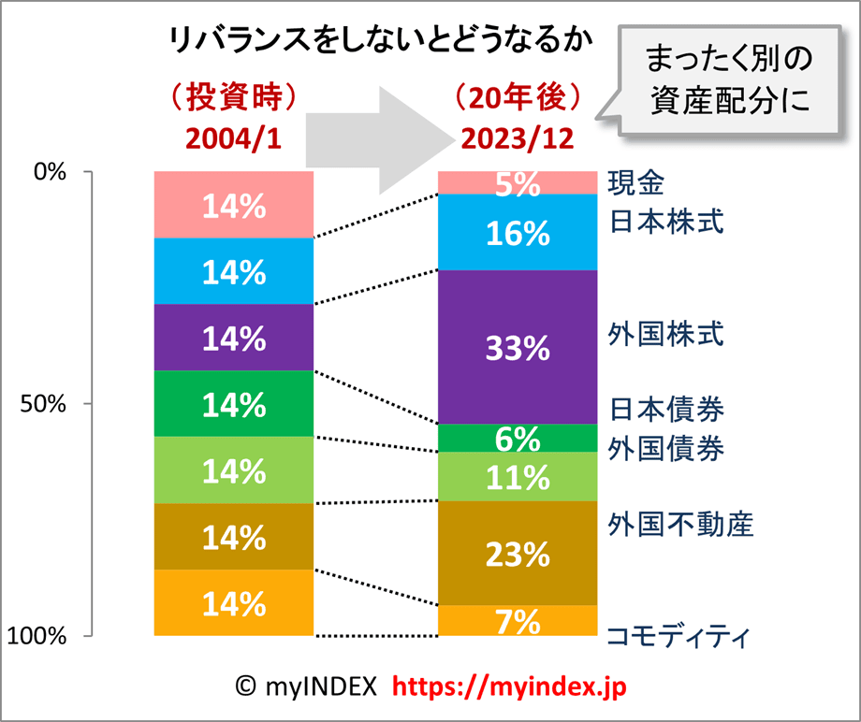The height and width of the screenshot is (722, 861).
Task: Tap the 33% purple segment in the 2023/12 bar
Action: (x=518, y=347)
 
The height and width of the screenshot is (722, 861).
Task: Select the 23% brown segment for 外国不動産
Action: (x=518, y=554)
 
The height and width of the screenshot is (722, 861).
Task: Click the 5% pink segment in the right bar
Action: (x=518, y=183)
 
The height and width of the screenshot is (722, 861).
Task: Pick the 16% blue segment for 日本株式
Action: (x=518, y=232)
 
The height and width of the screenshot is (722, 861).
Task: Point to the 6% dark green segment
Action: (x=518, y=438)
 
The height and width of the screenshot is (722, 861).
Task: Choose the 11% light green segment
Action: (x=518, y=477)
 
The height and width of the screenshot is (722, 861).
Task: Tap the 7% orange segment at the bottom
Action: (x=518, y=620)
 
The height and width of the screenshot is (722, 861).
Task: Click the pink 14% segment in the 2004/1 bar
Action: (x=234, y=205)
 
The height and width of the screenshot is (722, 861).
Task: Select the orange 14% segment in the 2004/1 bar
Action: (x=234, y=603)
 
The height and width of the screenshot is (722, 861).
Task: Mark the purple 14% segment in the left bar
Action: (x=234, y=338)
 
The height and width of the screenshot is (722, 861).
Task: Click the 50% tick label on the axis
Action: (x=43, y=404)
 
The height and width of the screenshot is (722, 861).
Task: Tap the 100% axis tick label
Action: (x=37, y=636)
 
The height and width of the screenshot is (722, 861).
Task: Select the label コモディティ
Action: (x=679, y=638)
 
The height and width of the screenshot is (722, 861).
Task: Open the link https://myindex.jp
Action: (x=509, y=687)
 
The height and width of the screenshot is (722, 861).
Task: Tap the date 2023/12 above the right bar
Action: (x=518, y=137)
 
